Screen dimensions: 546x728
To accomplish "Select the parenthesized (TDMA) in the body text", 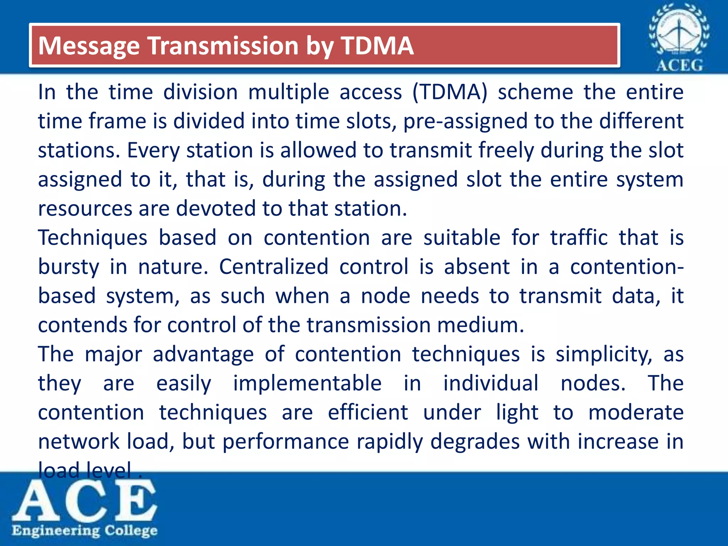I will click(x=450, y=92).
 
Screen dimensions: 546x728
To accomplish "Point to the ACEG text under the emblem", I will click(x=679, y=65).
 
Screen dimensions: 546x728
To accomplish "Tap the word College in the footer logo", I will click(x=131, y=531).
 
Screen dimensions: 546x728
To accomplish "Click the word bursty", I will click(x=69, y=267).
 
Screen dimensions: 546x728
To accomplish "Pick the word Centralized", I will click(x=273, y=267).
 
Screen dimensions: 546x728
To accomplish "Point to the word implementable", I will click(x=307, y=384).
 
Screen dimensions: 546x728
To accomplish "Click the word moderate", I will click(x=636, y=413).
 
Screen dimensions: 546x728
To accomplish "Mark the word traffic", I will click(x=579, y=237).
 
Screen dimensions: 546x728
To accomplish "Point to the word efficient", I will click(x=368, y=413).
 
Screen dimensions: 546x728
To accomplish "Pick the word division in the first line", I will click(x=200, y=92).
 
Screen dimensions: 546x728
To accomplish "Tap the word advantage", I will click(x=203, y=355).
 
